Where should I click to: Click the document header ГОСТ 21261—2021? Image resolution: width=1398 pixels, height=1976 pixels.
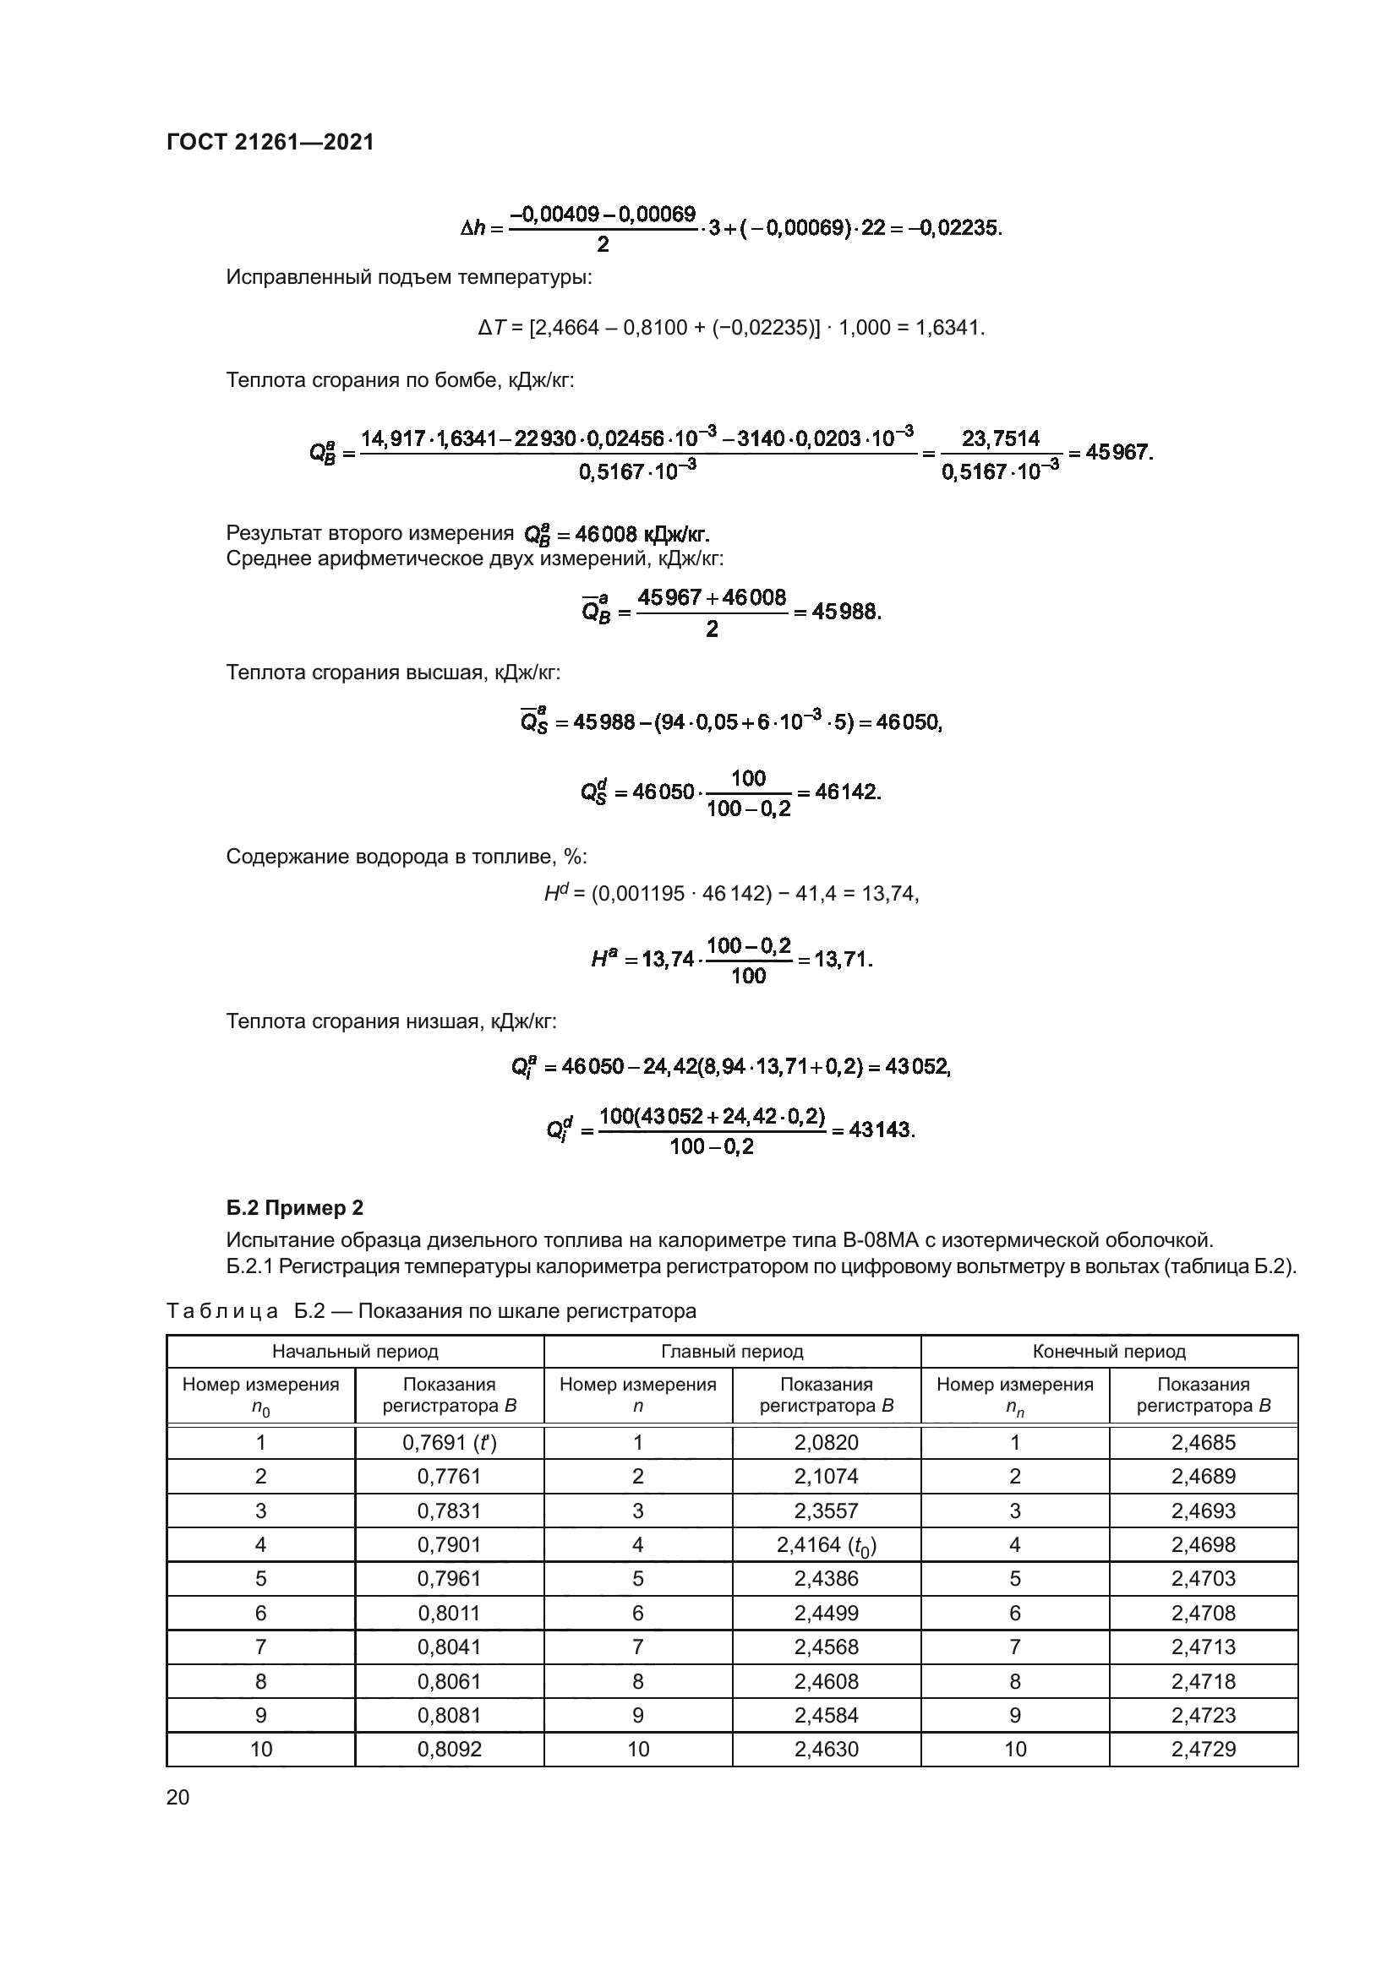[270, 142]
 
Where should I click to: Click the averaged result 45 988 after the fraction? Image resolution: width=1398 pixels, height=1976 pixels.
[845, 612]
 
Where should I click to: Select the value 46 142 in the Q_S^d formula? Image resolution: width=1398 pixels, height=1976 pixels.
[846, 792]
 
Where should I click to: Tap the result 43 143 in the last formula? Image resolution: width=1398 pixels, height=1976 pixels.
[881, 1130]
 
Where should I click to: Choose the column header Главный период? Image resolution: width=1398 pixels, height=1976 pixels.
[732, 1351]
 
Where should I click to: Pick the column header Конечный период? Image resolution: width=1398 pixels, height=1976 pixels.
[1109, 1351]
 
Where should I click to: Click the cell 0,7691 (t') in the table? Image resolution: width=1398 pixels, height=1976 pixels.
[449, 1442]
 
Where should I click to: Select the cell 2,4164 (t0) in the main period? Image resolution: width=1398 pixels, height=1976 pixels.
[826, 1545]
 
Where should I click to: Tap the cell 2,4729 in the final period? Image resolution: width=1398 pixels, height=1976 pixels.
[1203, 1749]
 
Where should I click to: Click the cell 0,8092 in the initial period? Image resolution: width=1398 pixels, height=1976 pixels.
[449, 1749]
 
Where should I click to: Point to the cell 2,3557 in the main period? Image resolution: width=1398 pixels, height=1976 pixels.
[826, 1511]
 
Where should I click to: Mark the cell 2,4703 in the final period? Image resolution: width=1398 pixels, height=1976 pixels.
[1203, 1578]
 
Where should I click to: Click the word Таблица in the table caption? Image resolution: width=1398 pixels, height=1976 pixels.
[222, 1311]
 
